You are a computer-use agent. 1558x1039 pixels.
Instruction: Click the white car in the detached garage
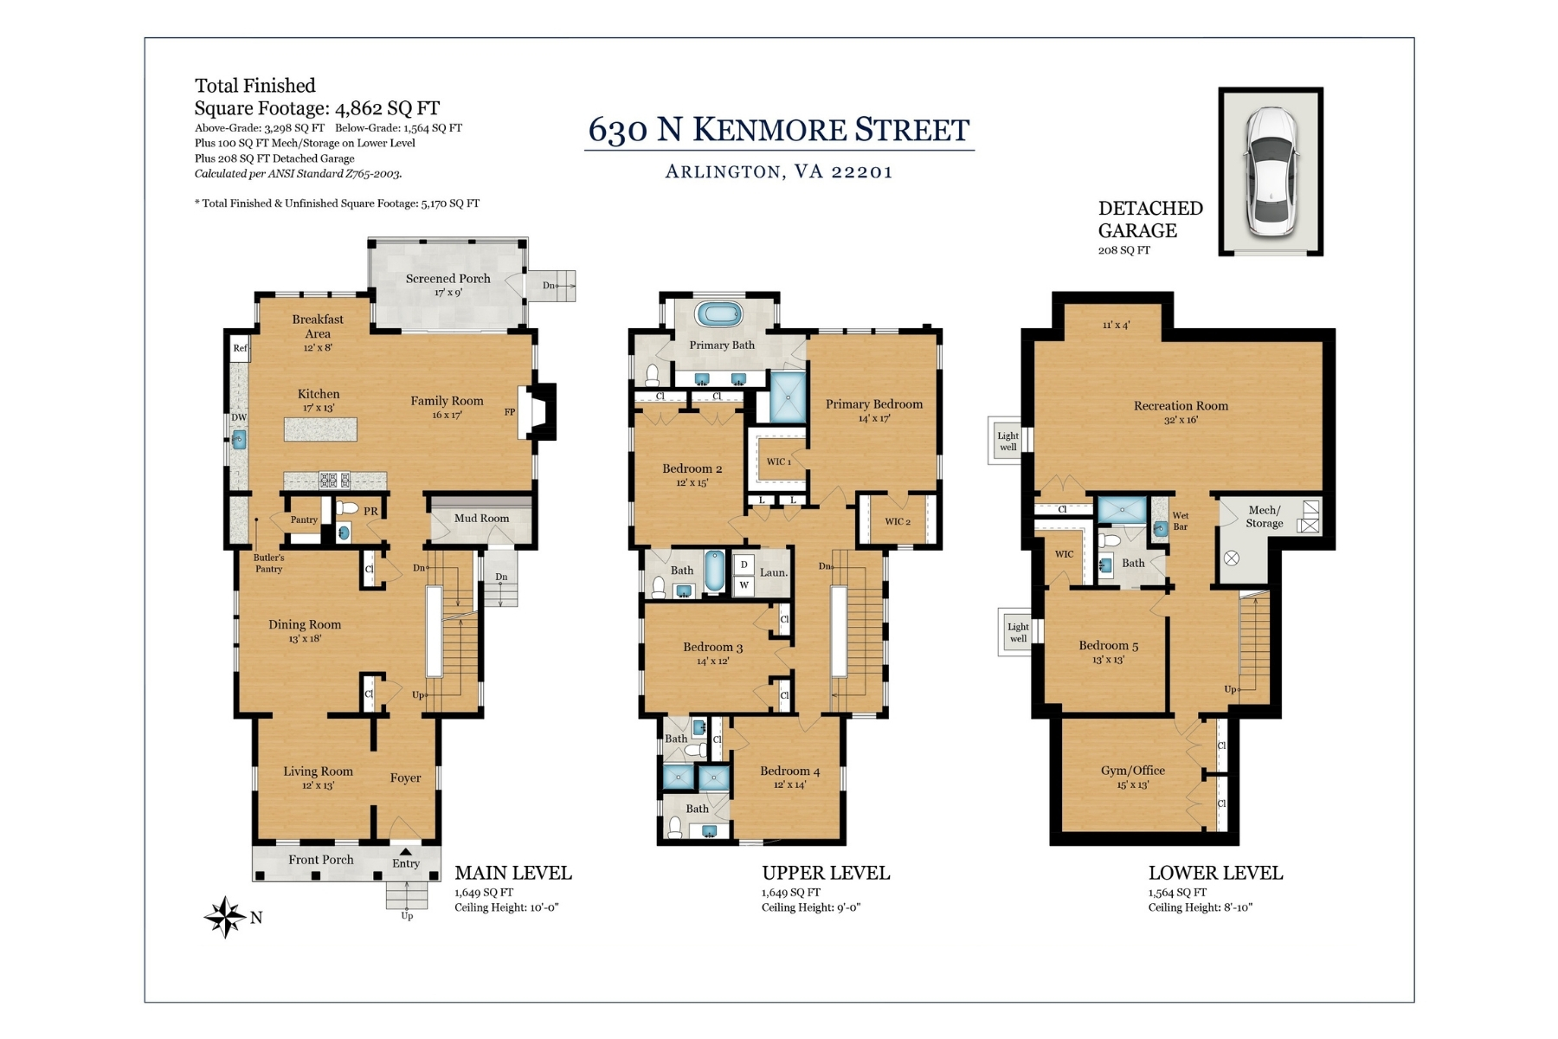point(1271,171)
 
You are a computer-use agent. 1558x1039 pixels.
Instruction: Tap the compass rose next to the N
point(224,917)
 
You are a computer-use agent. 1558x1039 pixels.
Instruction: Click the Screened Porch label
point(447,279)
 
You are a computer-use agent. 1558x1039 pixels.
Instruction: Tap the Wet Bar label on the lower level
point(1181,520)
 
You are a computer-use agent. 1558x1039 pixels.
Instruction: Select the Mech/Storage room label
point(1264,516)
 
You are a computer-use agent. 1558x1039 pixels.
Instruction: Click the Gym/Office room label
point(1132,771)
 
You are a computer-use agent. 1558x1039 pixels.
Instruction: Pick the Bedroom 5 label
point(1108,645)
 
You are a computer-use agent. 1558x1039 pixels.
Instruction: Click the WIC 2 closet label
point(897,521)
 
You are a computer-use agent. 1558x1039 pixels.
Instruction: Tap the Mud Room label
point(481,518)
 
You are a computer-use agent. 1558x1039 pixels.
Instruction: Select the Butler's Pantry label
point(268,563)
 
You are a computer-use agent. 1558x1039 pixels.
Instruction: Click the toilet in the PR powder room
point(347,508)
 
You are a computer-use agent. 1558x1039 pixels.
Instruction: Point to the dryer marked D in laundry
point(744,565)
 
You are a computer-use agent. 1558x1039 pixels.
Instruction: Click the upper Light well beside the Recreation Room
point(1008,441)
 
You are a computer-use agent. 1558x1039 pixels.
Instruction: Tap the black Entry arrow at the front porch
point(405,852)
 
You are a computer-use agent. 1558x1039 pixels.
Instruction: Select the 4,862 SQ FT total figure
point(387,108)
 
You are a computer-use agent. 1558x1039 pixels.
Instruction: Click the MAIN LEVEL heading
point(513,873)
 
